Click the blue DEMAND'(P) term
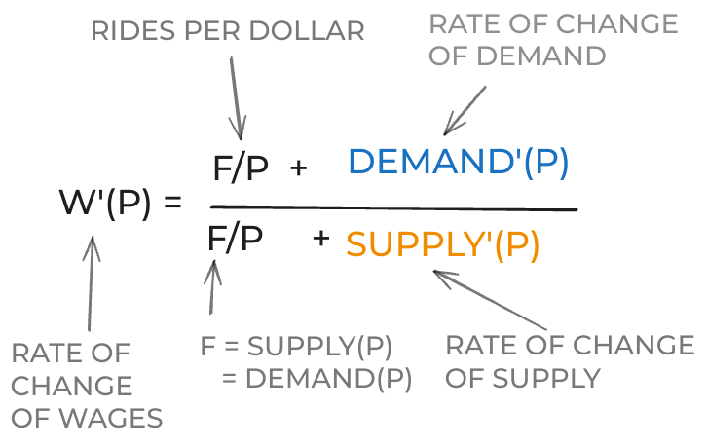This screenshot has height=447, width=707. click(459, 162)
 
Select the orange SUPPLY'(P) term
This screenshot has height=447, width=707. click(443, 245)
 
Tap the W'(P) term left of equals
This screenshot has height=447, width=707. click(105, 203)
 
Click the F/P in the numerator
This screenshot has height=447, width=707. click(241, 168)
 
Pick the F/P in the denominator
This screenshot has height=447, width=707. click(235, 239)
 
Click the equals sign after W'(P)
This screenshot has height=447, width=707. click(172, 202)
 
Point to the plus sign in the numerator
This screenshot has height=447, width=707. click(299, 168)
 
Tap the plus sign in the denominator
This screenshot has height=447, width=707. click(321, 238)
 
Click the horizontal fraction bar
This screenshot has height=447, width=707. click(393, 208)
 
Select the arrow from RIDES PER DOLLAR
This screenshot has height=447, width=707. click(237, 98)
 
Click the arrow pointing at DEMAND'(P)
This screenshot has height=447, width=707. click(465, 111)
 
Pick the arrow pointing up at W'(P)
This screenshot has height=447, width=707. click(91, 283)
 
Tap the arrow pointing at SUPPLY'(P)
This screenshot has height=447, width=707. click(490, 300)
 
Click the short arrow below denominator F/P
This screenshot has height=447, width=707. click(212, 287)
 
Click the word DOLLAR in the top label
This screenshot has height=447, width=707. click(307, 31)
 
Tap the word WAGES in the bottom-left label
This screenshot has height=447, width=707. click(111, 418)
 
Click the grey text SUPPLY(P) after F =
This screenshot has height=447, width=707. click(319, 347)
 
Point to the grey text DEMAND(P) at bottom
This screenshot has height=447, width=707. click(329, 378)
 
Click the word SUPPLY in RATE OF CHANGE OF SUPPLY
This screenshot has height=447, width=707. click(546, 378)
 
